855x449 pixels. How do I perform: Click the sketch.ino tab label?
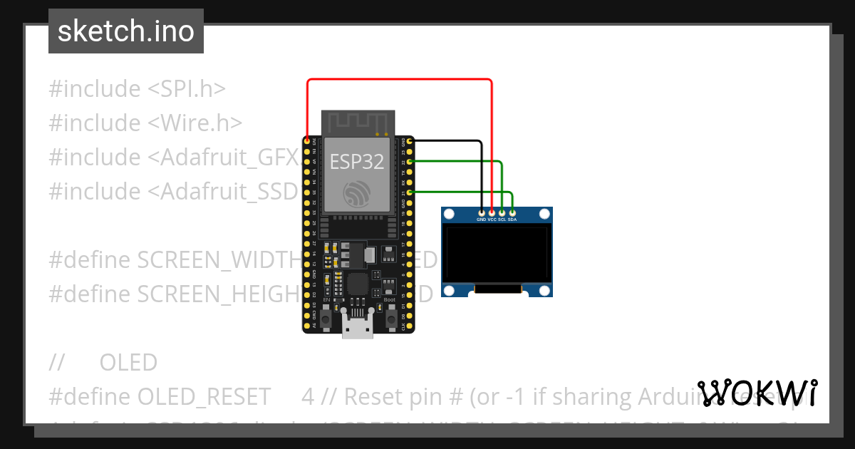point(125,31)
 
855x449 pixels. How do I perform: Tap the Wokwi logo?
point(757,393)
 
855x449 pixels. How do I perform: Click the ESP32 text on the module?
point(356,162)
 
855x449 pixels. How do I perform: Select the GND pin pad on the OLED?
point(482,212)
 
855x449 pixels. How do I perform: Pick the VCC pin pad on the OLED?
point(492,212)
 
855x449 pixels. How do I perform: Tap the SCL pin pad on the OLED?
point(502,212)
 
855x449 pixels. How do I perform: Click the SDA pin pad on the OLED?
point(512,212)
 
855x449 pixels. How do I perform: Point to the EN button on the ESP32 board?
point(326,319)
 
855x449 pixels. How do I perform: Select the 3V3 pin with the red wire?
point(307,142)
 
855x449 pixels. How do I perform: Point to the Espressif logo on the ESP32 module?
point(356,194)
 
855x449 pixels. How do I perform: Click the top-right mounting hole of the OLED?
point(544,214)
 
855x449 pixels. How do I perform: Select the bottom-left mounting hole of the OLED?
point(450,289)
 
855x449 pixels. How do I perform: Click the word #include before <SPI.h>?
point(95,89)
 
